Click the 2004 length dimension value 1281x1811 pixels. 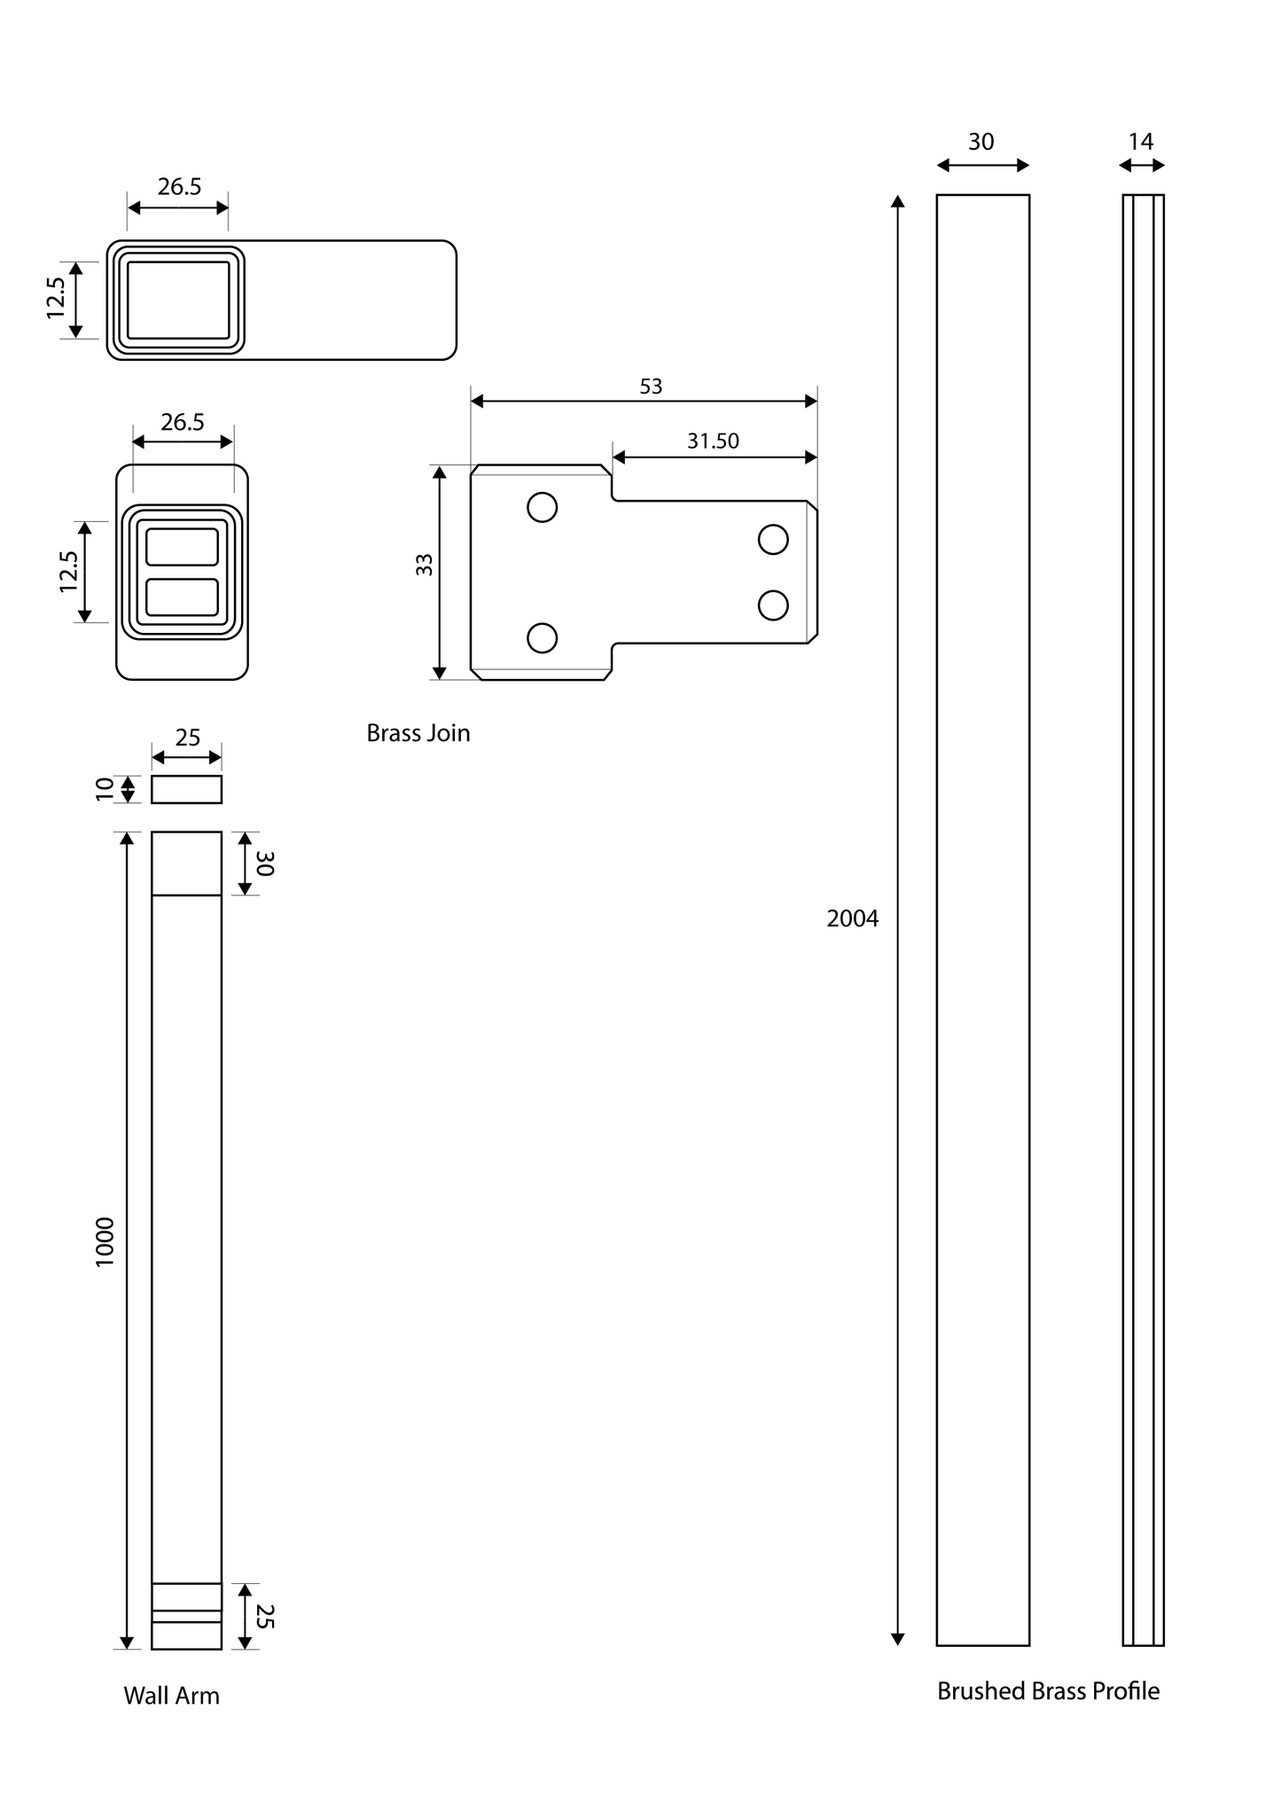[852, 918]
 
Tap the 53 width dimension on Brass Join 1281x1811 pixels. [651, 386]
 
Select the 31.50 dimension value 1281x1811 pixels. [713, 441]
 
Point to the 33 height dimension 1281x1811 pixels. [425, 565]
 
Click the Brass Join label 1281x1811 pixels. [418, 733]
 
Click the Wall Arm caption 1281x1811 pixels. [171, 1696]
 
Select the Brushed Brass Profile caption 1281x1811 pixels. [1048, 1691]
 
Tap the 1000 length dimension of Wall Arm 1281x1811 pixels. [105, 1241]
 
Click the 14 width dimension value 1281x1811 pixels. [1141, 142]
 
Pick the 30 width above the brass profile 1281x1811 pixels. [980, 142]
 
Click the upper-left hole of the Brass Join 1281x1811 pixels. [542, 507]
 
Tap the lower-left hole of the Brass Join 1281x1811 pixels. [542, 637]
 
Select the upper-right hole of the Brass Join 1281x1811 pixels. [773, 539]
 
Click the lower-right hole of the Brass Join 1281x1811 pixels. [773, 605]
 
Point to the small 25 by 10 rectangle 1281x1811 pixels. [186, 789]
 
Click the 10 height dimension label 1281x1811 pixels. [105, 789]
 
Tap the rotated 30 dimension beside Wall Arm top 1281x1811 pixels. [265, 863]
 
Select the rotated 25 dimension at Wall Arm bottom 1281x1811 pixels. [265, 1616]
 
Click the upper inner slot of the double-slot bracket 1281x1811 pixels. [182, 546]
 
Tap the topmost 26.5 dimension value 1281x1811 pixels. [179, 187]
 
